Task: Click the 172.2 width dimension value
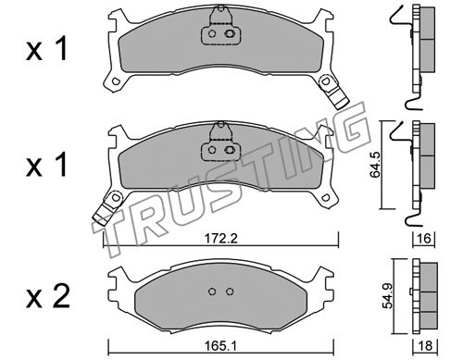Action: click(220, 238)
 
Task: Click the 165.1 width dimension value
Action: click(220, 346)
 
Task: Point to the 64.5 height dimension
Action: click(375, 165)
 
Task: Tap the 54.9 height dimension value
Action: click(388, 296)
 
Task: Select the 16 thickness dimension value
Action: click(424, 238)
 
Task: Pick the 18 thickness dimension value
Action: click(425, 346)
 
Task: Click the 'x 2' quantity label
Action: click(48, 297)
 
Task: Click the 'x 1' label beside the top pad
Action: click(46, 50)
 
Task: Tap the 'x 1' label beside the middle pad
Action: click(46, 166)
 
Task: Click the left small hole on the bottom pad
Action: click(212, 292)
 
